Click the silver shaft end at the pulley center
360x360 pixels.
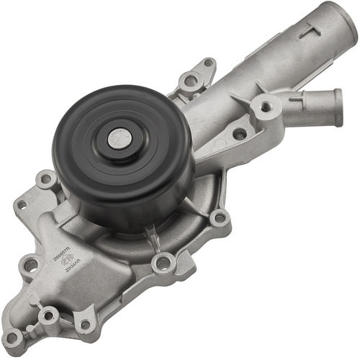117,138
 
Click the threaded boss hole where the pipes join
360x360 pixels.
266,107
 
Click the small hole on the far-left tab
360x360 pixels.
21,204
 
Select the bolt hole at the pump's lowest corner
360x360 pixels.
12,336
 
